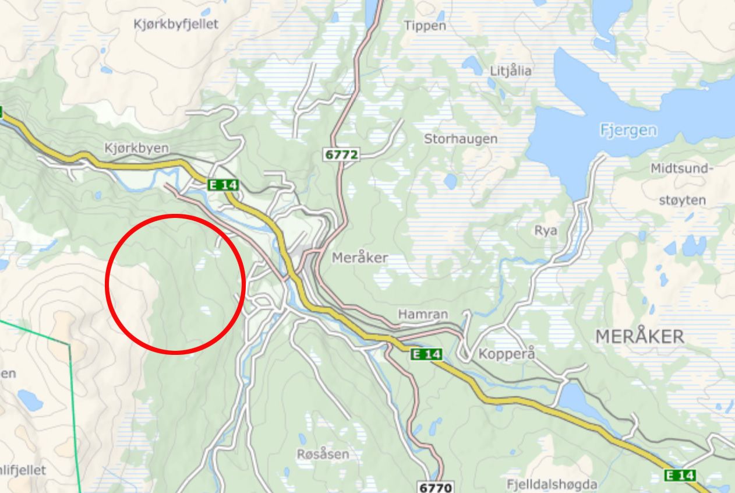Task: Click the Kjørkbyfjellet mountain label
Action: (176, 24)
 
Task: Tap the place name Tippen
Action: (425, 26)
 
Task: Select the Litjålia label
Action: (511, 71)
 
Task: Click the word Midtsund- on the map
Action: (681, 169)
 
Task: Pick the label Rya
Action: (546, 231)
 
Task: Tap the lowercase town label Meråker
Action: (360, 258)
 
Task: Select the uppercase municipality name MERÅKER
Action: (639, 336)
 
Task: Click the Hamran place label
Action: (423, 315)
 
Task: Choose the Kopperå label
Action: (506, 354)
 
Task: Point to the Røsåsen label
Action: (323, 454)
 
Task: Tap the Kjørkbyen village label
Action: (136, 149)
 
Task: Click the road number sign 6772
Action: (341, 154)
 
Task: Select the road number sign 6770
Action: (435, 486)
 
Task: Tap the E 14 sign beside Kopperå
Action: (426, 354)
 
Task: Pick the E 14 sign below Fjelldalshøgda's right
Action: (680, 476)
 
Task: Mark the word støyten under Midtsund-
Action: (682, 200)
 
